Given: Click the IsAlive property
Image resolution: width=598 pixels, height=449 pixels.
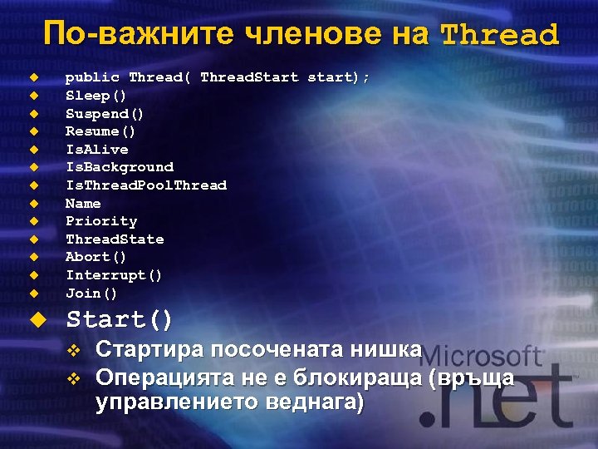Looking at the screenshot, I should click(x=96, y=150).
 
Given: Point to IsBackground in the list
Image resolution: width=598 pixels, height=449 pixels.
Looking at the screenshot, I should click(x=119, y=167).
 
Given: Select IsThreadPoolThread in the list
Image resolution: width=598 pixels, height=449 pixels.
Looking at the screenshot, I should click(x=145, y=185).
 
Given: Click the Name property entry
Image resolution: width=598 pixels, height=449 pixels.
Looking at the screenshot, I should click(x=83, y=204).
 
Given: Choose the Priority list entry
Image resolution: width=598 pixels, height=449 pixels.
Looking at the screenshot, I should click(x=100, y=221).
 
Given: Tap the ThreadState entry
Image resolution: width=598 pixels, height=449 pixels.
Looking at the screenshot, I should click(x=115, y=239).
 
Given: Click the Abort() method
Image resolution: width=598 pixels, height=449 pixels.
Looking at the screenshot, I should click(x=96, y=257).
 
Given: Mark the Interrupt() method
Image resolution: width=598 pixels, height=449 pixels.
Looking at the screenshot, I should click(x=114, y=275).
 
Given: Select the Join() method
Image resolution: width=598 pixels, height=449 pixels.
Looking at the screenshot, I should click(x=91, y=294).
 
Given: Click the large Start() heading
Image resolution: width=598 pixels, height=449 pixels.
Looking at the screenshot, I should click(x=120, y=319).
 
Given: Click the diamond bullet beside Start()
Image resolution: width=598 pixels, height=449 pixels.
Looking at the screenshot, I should click(x=34, y=319).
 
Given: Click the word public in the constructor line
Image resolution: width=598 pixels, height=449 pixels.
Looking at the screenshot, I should click(x=92, y=77).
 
